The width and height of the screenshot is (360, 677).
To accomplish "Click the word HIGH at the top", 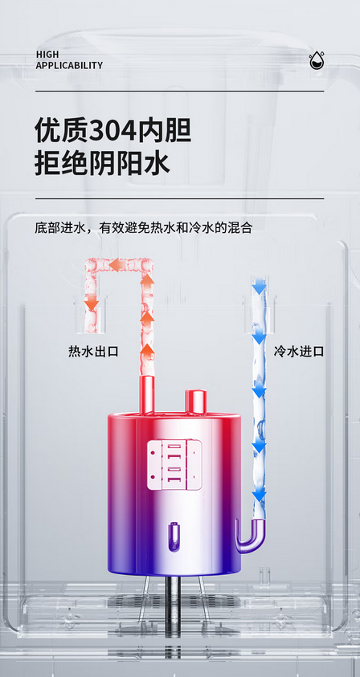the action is [47, 55].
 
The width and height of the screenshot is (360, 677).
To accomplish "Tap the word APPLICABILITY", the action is [69, 66].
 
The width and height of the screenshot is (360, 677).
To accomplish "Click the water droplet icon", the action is [317, 60].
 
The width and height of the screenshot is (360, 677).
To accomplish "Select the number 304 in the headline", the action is [112, 130].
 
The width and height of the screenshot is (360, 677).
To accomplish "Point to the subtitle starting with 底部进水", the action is [144, 227].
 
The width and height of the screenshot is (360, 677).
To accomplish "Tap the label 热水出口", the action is [93, 352].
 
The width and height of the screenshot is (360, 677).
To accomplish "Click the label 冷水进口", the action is [299, 352].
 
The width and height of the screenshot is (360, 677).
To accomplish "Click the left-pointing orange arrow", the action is [117, 264].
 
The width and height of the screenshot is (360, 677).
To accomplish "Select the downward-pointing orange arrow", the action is [91, 304].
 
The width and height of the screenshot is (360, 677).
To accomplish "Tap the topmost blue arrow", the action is [259, 287].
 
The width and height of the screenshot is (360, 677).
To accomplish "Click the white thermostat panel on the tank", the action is [174, 465].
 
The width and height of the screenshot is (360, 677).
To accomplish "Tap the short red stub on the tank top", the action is [196, 402].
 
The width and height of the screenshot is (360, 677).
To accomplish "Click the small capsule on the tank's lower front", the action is [174, 536].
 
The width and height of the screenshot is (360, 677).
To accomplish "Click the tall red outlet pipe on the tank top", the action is [147, 394].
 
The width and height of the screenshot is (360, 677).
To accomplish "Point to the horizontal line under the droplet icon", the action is [179, 91].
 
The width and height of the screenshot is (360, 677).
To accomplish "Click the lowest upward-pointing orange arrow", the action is [148, 351].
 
